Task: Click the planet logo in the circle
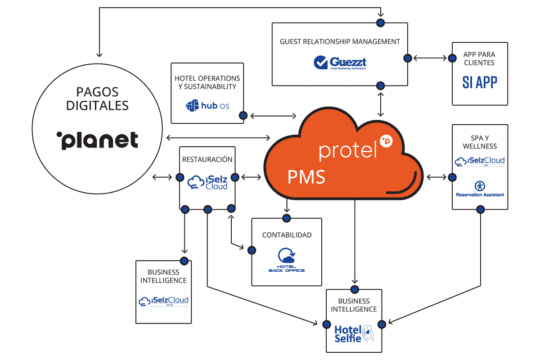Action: tap(98, 139)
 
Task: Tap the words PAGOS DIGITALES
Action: tap(97, 96)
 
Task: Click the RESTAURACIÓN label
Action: tap(207, 158)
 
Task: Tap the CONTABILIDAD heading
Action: tap(287, 234)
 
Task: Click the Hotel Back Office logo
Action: tap(287, 258)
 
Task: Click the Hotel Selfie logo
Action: tap(356, 335)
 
